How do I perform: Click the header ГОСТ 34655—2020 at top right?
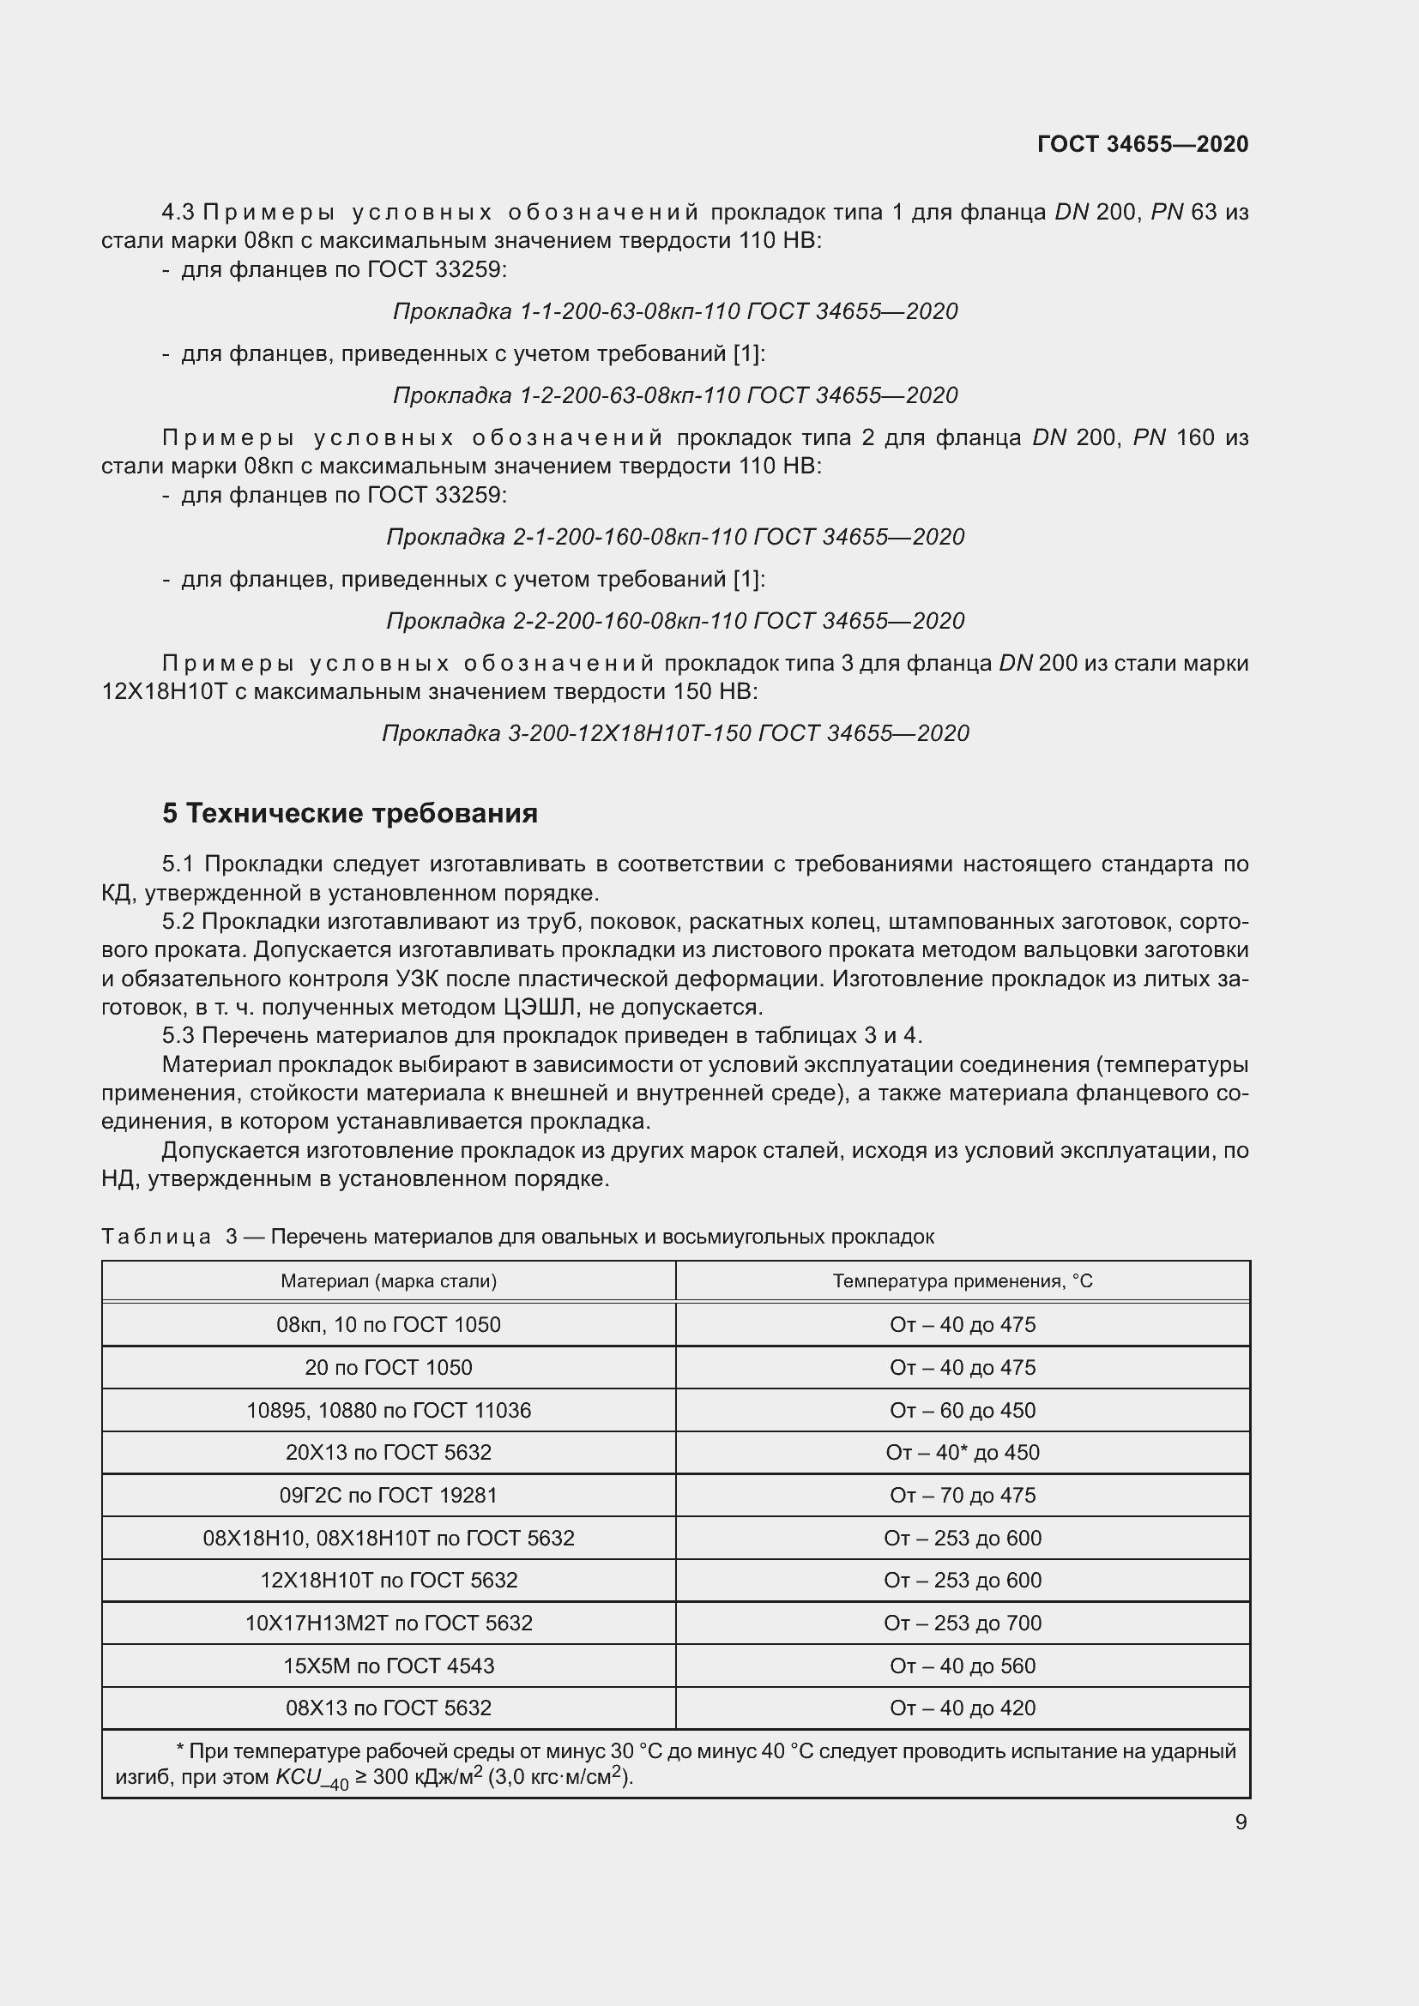1142,144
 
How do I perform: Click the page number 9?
1240,1822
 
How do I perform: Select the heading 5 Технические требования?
349,813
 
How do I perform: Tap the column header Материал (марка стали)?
389,1280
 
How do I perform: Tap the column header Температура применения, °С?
962,1280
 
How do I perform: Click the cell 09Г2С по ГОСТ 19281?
389,1495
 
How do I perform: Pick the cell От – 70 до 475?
962,1495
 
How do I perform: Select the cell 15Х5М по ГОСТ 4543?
389,1666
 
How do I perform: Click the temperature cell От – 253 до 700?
962,1623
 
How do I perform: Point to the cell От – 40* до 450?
962,1452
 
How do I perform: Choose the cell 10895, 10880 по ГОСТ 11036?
389,1410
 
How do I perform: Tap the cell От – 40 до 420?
962,1708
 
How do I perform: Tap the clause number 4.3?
178,213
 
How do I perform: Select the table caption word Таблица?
156,1237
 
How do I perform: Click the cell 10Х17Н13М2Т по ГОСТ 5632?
389,1623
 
